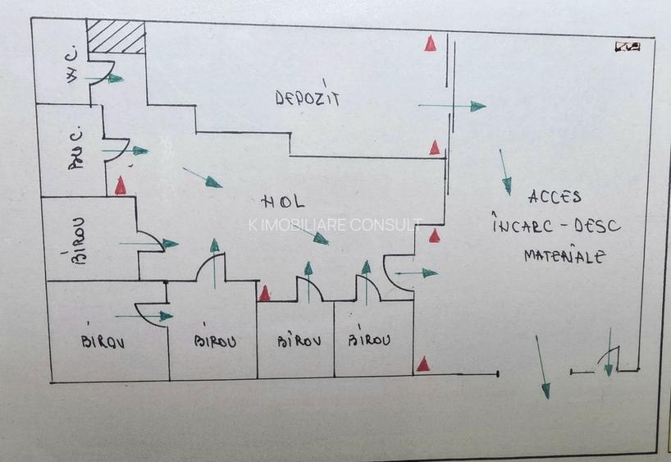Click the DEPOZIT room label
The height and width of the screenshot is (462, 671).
point(308,98)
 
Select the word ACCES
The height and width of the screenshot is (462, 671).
point(555,197)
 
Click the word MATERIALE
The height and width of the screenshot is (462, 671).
point(564,256)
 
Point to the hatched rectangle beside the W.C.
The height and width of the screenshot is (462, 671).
point(116,37)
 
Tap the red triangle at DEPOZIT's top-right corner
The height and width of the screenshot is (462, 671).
point(430,43)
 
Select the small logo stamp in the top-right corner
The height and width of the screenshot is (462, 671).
point(628,47)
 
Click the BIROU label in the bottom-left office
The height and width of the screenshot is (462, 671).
point(103,341)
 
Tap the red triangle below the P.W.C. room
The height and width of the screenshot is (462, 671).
point(121,185)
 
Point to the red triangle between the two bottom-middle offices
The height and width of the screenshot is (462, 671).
point(264,293)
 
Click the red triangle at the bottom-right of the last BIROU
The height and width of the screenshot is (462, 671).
point(422,364)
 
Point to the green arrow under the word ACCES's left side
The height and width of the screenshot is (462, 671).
point(505,172)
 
